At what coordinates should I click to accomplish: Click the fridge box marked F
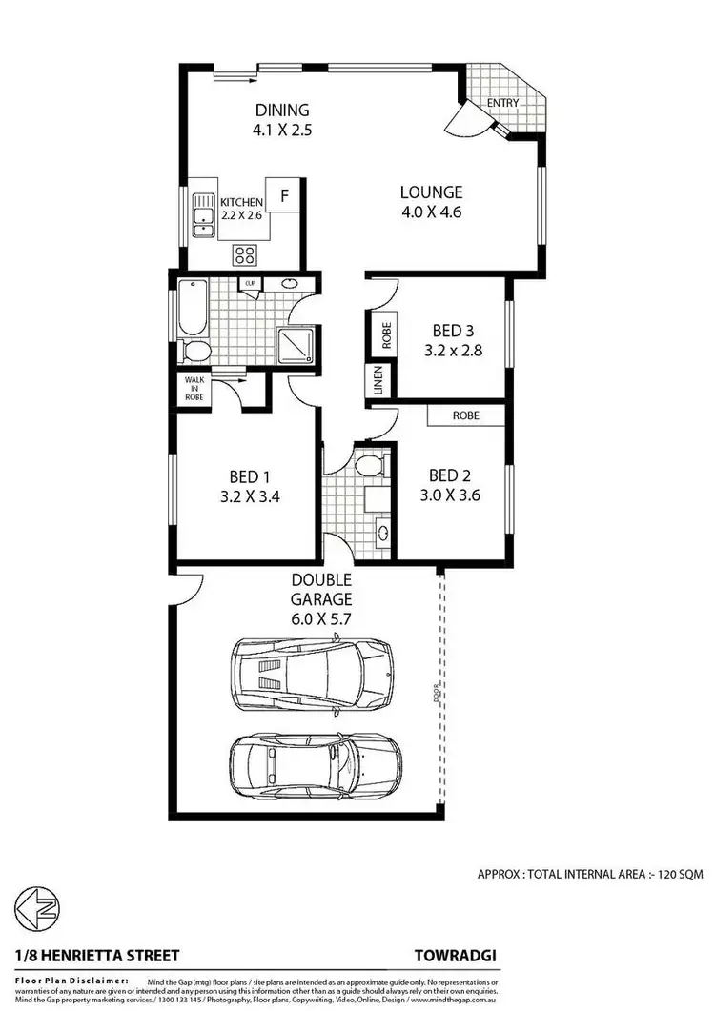[x=284, y=196]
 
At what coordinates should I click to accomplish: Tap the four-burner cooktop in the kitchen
[x=245, y=254]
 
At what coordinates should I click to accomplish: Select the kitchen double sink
[x=202, y=215]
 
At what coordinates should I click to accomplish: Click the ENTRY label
[x=502, y=102]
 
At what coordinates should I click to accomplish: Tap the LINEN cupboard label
[x=378, y=382]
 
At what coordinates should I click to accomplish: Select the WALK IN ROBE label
[x=194, y=389]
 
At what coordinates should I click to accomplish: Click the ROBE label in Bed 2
[x=466, y=415]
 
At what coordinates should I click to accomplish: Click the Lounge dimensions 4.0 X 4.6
[x=431, y=212]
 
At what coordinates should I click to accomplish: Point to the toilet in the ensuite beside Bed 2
[x=367, y=467]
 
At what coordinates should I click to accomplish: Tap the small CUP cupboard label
[x=251, y=284]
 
